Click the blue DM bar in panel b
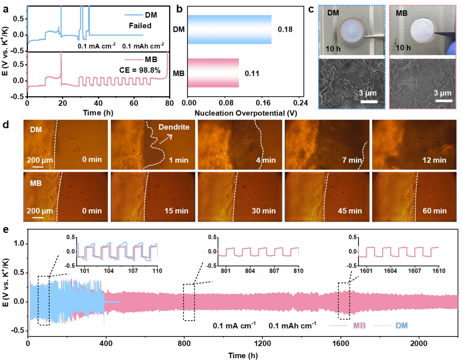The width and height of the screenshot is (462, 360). (x=229, y=30)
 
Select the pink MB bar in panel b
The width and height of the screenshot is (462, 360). (x=213, y=73)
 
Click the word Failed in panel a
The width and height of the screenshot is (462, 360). (x=141, y=26)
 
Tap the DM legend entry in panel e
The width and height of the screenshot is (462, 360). (x=401, y=326)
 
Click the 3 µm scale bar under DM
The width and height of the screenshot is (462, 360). (x=369, y=102)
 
